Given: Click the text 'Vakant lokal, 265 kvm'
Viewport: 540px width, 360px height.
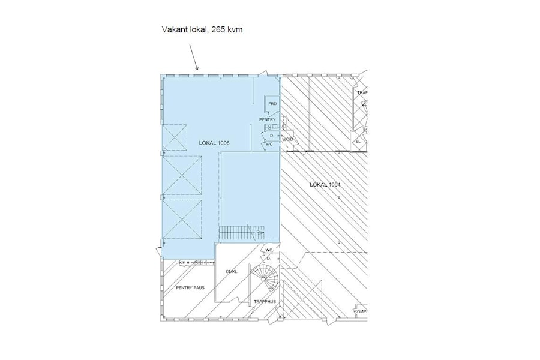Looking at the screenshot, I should click(x=202, y=29).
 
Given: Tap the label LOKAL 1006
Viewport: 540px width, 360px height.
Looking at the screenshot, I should click(x=214, y=143).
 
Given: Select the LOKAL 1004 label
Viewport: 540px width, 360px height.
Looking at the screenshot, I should click(x=325, y=185).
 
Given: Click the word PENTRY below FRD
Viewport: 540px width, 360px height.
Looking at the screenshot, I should click(x=267, y=119).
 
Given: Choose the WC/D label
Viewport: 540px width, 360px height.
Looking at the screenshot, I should click(x=287, y=140).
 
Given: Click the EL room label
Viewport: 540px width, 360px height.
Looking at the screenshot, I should click(x=358, y=142).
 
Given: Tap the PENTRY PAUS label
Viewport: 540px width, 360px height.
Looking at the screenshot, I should click(x=190, y=288).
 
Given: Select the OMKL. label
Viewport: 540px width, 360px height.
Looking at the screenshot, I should click(x=232, y=272).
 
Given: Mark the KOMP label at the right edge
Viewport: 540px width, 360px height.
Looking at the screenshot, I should click(x=360, y=311).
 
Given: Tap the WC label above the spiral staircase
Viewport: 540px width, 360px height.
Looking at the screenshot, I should click(x=269, y=250).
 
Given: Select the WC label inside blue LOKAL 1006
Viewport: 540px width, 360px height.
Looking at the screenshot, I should click(x=269, y=144).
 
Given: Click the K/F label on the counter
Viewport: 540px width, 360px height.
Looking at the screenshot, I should click(x=181, y=263).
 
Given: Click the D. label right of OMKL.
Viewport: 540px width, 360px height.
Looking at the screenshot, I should click(x=269, y=258).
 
